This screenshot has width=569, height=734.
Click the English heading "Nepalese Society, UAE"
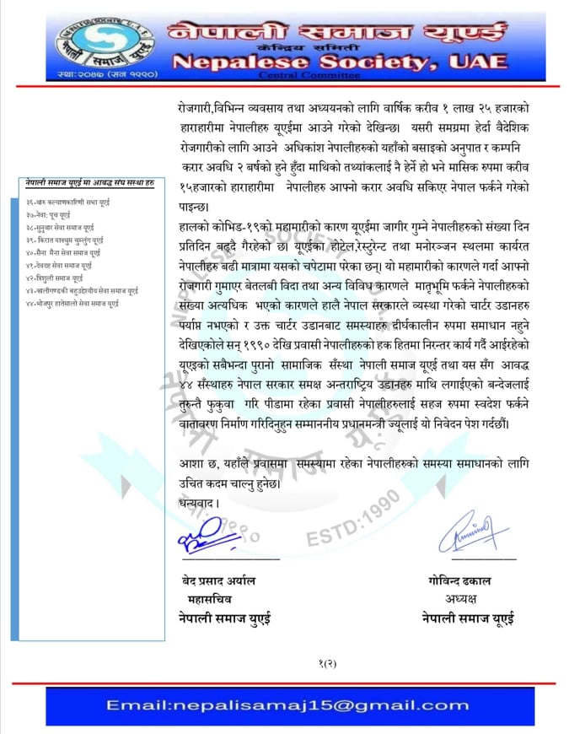(340, 62)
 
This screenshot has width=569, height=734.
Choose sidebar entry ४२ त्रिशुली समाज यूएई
(60, 277)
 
